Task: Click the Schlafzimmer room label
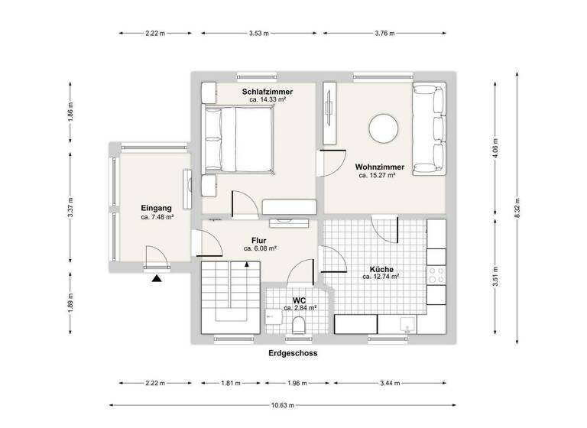268,91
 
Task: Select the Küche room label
381,269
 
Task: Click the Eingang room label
157,208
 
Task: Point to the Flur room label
259,240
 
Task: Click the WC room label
300,300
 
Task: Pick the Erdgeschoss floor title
293,354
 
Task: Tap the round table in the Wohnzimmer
384,128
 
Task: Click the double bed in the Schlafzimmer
238,141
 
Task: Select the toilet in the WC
299,326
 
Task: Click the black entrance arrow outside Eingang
157,279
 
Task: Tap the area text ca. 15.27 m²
377,175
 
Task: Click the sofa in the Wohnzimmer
429,130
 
